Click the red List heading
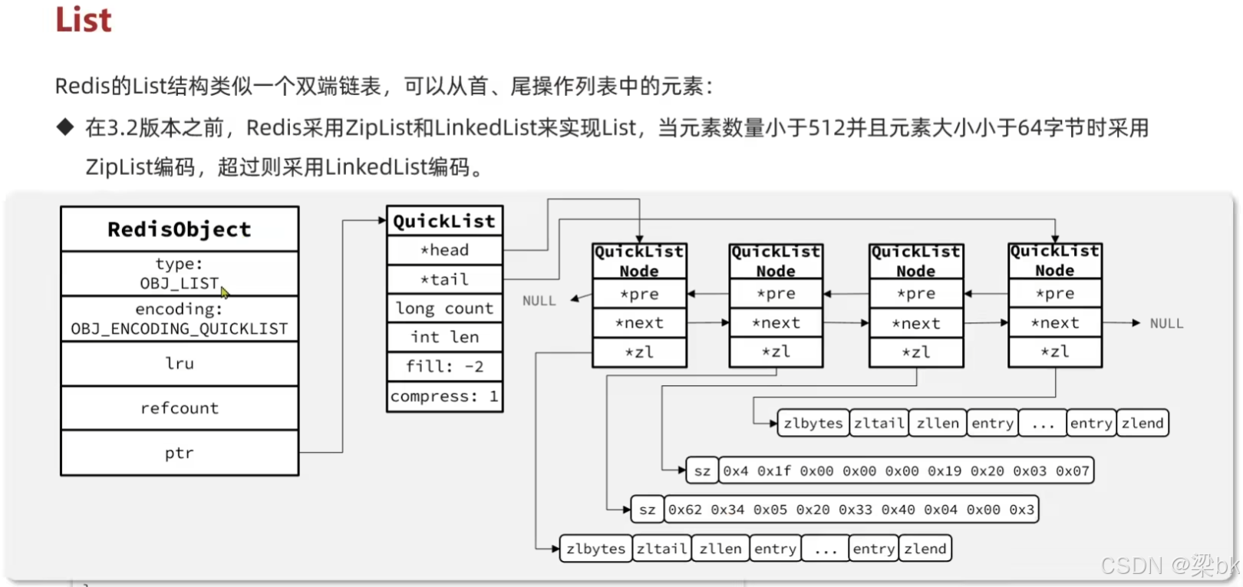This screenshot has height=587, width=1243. coord(83,20)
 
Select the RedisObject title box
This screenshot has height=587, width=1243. coord(180,229)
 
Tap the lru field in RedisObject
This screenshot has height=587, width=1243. coord(180,364)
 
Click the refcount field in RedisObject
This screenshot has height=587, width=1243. coord(180,408)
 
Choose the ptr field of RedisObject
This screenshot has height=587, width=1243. coord(180,453)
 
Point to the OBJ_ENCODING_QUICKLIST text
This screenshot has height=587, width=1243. coord(180,329)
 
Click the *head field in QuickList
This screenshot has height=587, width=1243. coord(444,250)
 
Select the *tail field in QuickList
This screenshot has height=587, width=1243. coord(444,279)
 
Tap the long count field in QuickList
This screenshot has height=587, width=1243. coord(444,308)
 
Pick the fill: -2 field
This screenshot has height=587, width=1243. coord(444,367)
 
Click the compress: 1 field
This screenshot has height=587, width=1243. coord(444,397)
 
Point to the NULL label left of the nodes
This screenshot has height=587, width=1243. coord(539,301)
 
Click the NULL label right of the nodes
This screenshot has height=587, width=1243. coord(1166,324)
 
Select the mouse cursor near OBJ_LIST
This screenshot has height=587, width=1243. coord(225,292)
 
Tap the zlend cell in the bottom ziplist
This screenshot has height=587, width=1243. coord(925,549)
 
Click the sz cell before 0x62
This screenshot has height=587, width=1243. coord(647,510)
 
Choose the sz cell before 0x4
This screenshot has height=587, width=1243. coord(702,471)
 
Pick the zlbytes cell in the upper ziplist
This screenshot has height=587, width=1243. coord(813,424)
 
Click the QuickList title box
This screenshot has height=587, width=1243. coord(444,221)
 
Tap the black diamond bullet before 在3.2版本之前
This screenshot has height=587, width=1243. coord(65,127)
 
